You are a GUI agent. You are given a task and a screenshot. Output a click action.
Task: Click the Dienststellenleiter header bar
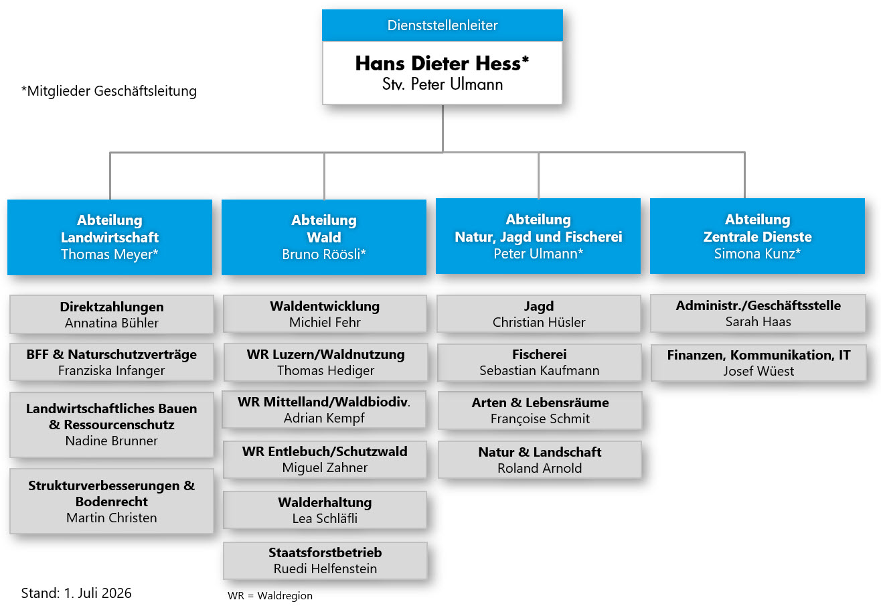coord(442,25)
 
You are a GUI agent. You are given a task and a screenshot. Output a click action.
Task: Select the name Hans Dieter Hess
coord(437,64)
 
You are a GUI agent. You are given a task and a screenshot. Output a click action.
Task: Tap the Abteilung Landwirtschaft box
coord(110,237)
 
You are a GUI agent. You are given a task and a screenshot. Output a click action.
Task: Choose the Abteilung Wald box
coord(324,237)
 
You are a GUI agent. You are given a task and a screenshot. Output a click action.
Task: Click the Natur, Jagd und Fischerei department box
coord(538,236)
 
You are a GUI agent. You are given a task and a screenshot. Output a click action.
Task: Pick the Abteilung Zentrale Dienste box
coord(757,236)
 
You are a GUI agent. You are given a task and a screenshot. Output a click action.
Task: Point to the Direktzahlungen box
coord(112,315)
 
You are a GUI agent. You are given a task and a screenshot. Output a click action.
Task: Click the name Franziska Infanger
coord(111,370)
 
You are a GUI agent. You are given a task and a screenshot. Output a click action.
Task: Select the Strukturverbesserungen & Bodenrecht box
coord(112,501)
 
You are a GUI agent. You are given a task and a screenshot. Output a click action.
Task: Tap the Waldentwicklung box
coord(325,314)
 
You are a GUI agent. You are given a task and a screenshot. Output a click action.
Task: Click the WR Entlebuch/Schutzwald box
coord(325,459)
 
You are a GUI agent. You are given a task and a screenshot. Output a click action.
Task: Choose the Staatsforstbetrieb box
coord(325,560)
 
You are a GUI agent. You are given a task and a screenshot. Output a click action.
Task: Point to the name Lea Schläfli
coord(325,518)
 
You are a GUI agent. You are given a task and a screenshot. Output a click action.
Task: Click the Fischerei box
coord(539,362)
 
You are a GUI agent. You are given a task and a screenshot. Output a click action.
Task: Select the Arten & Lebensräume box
coord(540,410)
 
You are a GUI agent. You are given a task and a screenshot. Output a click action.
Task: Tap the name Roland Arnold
coord(540,468)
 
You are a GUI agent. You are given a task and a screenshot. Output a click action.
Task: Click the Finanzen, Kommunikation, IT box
coord(758,363)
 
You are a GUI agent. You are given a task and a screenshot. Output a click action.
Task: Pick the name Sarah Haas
coord(758,321)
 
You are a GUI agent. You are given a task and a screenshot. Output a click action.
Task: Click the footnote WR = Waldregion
coord(270,595)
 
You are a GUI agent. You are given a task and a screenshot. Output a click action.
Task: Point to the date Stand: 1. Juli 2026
coord(76,593)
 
